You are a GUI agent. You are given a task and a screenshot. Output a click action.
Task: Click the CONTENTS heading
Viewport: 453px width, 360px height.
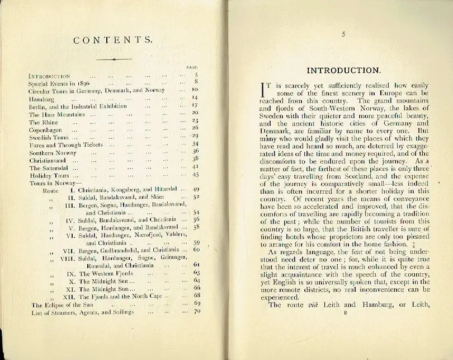coord(113,40)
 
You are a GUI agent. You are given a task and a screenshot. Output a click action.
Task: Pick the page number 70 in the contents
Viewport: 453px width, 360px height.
coord(196,311)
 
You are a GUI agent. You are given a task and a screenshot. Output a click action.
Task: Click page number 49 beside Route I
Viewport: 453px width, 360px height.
coord(196,190)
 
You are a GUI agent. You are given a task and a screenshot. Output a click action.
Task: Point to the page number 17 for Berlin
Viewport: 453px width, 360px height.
coord(196,105)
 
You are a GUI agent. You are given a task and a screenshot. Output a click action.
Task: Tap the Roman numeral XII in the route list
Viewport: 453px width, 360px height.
coord(70,296)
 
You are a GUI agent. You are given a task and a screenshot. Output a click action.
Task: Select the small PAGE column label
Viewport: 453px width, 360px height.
coord(192,68)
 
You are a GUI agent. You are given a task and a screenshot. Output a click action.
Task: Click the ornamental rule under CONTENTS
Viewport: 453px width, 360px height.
coord(114,59)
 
